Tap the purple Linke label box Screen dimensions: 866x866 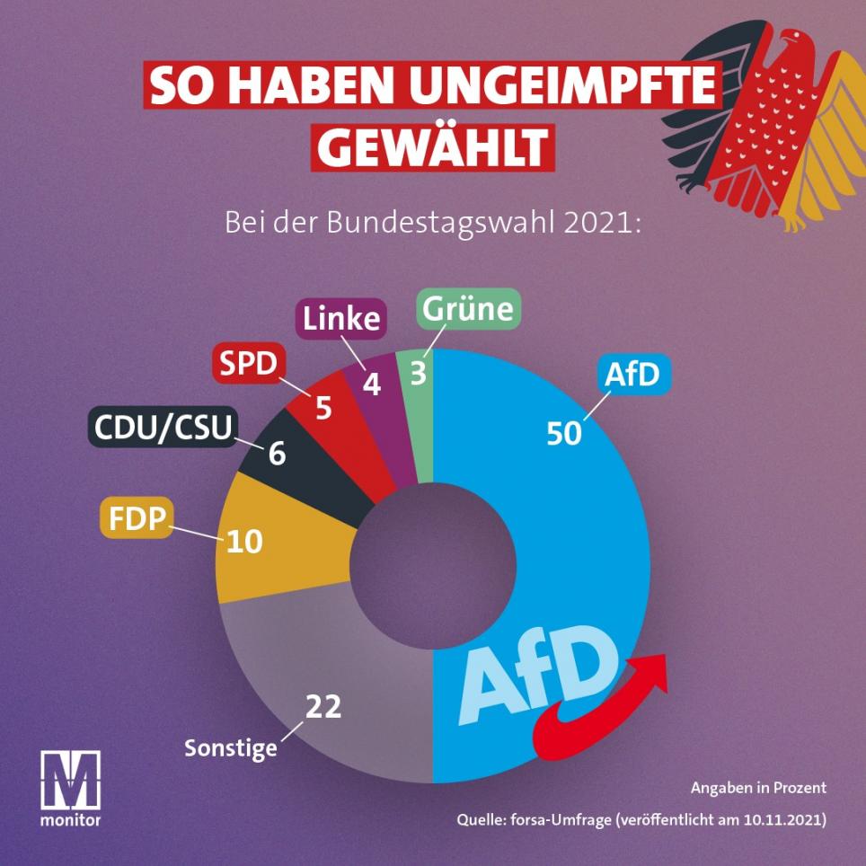click(340, 318)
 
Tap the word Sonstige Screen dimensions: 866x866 click(231, 747)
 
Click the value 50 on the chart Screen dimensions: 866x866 click(565, 432)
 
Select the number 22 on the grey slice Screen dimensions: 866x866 click(323, 707)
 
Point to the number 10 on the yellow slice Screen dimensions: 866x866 click(243, 543)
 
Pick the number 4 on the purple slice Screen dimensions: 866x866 click(370, 384)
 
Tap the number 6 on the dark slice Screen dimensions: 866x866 click(277, 454)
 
